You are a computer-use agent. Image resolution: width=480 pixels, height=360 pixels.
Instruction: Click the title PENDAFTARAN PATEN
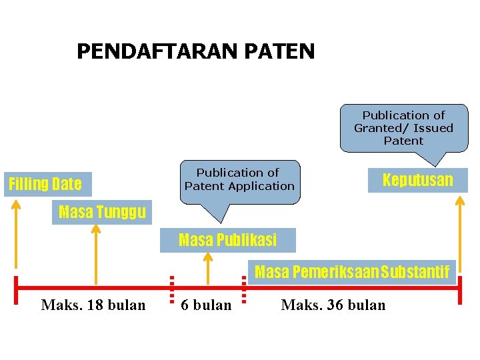pyautogui.click(x=195, y=51)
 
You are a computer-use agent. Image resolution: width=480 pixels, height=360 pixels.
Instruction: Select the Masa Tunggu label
pyautogui.click(x=102, y=213)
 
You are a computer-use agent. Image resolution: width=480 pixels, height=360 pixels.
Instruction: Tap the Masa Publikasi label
pyautogui.click(x=227, y=239)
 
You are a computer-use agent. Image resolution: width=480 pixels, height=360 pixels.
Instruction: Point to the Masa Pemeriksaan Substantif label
pyautogui.click(x=352, y=272)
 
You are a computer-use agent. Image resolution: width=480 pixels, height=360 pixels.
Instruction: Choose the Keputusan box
pyautogui.click(x=417, y=180)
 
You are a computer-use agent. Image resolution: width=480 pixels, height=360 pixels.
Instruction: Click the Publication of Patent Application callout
pyautogui.click(x=239, y=180)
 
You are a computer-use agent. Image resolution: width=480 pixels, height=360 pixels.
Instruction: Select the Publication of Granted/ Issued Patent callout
pyautogui.click(x=403, y=128)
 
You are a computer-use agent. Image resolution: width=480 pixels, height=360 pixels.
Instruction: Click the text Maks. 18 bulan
pyautogui.click(x=93, y=305)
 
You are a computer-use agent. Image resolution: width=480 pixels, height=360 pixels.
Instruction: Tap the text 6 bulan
pyautogui.click(x=207, y=305)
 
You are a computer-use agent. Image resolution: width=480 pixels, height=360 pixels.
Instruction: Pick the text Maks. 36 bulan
pyautogui.click(x=333, y=305)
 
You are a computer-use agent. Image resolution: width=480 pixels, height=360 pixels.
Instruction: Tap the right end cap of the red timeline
pyautogui.click(x=461, y=289)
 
